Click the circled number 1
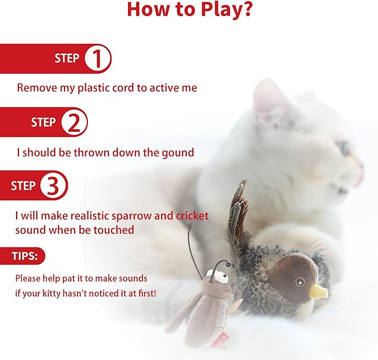coord(97,59)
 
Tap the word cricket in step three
coord(192,215)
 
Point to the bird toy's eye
coord(301,282)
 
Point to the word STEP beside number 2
coord(43,122)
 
